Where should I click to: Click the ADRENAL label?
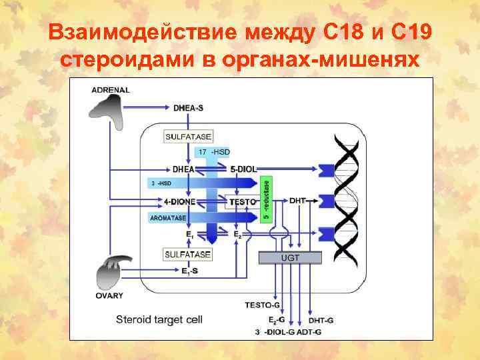click(x=111, y=90)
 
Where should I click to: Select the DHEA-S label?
click(x=189, y=107)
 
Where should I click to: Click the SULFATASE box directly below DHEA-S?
click(x=188, y=137)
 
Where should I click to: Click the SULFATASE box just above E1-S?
click(x=188, y=255)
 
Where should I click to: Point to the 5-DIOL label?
click(x=244, y=169)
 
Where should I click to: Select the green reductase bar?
click(x=267, y=198)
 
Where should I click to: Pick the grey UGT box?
click(x=291, y=257)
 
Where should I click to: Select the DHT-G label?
click(x=321, y=320)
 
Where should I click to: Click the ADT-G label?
click(x=309, y=331)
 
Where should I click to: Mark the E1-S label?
click(x=190, y=271)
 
